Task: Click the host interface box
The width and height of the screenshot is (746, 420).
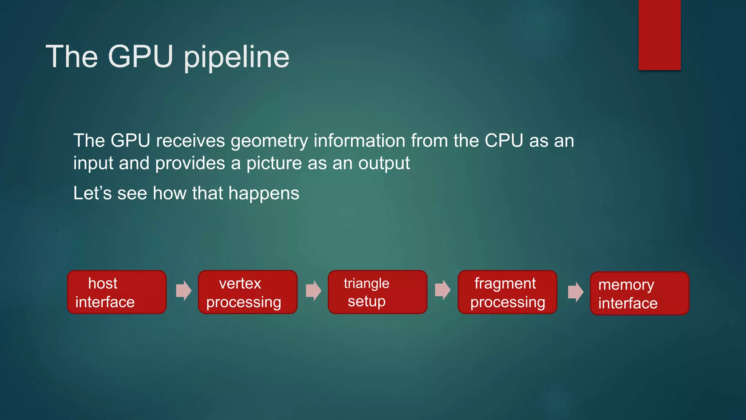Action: (x=117, y=292)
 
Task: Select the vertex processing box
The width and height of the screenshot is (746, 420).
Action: (x=247, y=292)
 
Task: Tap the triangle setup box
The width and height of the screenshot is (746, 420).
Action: (x=377, y=292)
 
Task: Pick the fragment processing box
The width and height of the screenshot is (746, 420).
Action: (x=507, y=292)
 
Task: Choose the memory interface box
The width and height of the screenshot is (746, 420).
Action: (x=639, y=293)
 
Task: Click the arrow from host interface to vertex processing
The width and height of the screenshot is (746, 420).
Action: (x=184, y=291)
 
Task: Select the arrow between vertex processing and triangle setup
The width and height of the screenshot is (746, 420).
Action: (x=313, y=291)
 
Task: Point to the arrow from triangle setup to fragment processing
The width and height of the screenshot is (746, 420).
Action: (x=443, y=290)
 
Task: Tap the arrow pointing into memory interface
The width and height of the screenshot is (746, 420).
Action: (x=576, y=292)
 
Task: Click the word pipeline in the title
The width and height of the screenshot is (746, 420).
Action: (x=236, y=57)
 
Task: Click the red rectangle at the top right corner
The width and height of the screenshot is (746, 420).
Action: (x=659, y=35)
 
